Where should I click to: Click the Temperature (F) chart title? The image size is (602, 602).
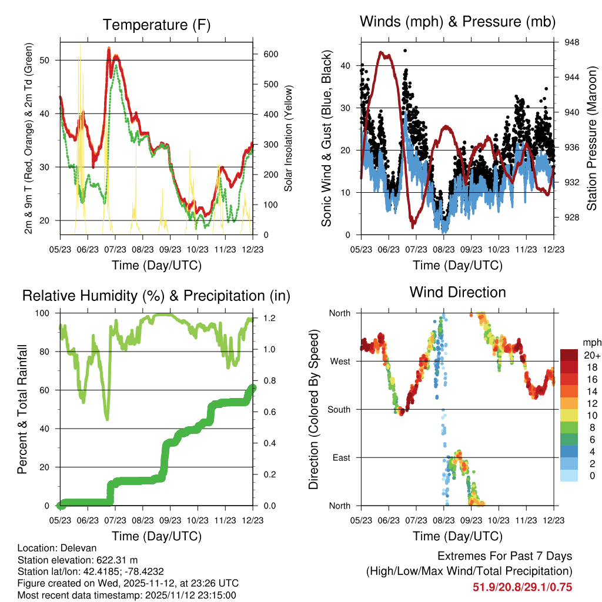(x=156, y=25)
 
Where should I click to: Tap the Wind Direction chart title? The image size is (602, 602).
(x=457, y=292)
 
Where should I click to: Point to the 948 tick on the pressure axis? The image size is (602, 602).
(x=572, y=42)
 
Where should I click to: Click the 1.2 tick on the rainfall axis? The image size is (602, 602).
(x=265, y=319)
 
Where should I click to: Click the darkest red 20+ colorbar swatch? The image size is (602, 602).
(x=570, y=354)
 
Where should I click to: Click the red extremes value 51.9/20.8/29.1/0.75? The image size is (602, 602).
(x=523, y=587)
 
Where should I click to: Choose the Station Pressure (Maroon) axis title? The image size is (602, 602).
(x=592, y=139)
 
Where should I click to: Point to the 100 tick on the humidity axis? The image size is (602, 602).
(x=46, y=313)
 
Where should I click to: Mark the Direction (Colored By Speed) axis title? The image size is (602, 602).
(x=313, y=410)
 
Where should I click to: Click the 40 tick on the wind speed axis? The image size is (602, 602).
(x=346, y=65)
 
